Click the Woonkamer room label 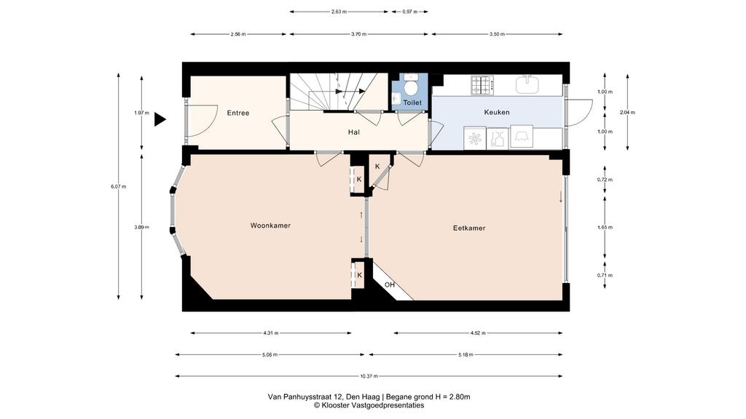[270, 226]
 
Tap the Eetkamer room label [469, 228]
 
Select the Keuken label [497, 112]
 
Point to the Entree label [238, 113]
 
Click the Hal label [353, 132]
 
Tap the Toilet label [412, 103]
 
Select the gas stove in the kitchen [482, 85]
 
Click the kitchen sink [527, 84]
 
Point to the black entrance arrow [160, 120]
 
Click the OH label [390, 285]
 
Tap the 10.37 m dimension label [369, 376]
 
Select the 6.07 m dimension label [119, 186]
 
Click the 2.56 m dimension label [238, 34]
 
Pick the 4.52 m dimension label [478, 333]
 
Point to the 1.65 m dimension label [605, 227]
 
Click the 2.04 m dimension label [627, 113]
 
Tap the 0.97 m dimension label [409, 12]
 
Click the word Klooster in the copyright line [335, 405]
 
